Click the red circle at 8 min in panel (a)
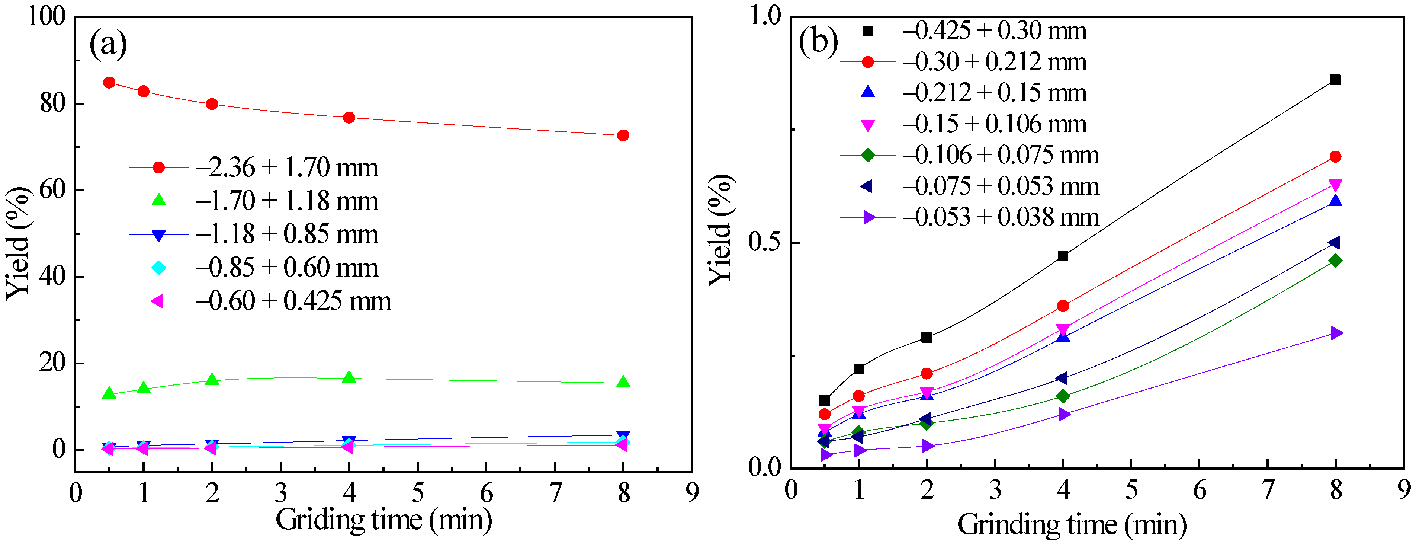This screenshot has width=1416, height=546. [623, 135]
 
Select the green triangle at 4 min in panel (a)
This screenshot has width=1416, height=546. [349, 377]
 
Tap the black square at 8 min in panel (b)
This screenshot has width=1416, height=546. [1335, 80]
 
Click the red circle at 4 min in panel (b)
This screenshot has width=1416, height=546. [1063, 306]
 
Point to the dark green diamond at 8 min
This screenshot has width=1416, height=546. [1335, 261]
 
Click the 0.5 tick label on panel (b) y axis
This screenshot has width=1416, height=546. [765, 243]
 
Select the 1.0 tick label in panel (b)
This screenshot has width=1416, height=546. [765, 16]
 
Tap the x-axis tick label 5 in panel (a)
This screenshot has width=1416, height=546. [418, 493]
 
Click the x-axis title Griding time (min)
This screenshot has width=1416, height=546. [383, 519]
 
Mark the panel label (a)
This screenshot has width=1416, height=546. [108, 44]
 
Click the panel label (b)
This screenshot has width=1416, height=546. [818, 41]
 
